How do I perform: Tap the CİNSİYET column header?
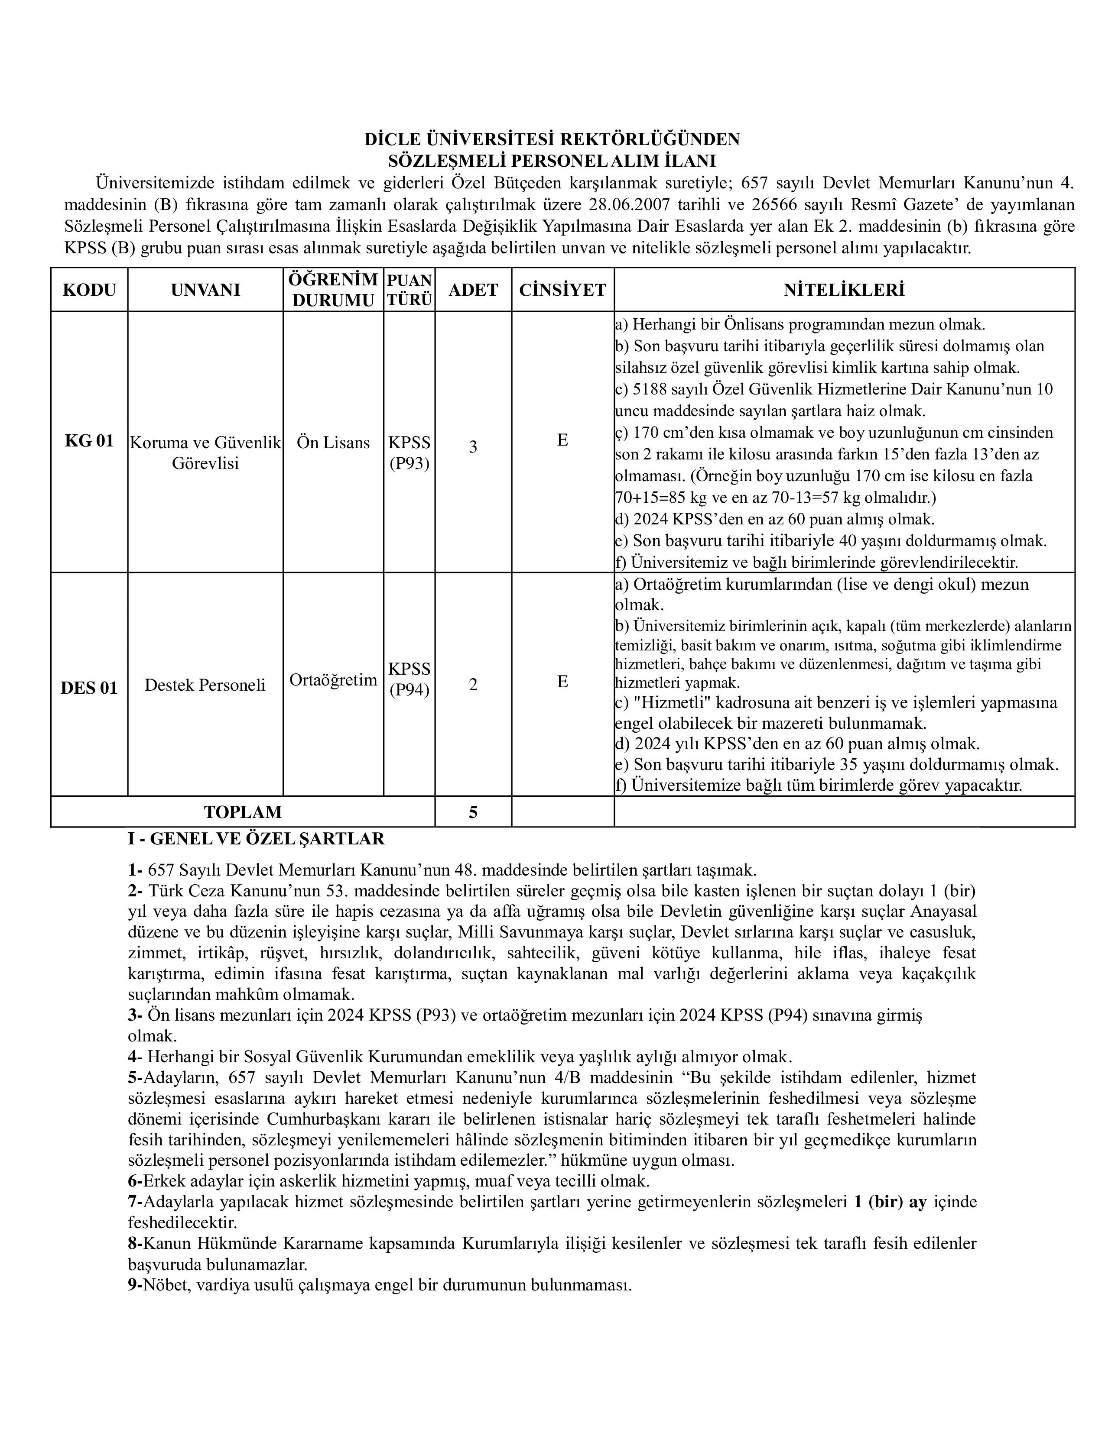[562, 290]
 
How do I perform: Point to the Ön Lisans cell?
[333, 442]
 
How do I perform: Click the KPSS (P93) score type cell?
[409, 453]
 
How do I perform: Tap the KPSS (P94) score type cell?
[409, 679]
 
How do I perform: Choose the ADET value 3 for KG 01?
[473, 447]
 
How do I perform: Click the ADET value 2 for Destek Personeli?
[473, 684]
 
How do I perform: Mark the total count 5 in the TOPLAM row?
[473, 812]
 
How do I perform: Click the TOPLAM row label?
[243, 812]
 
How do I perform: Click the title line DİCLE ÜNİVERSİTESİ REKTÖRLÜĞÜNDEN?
[552, 139]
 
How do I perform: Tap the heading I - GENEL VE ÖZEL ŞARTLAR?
[256, 838]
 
